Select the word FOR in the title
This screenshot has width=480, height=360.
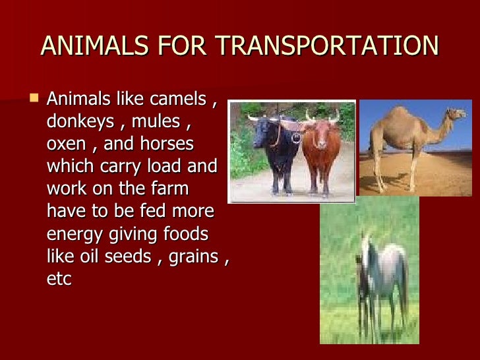point(187,46)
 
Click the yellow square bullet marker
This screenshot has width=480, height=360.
point(34,98)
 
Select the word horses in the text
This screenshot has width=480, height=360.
point(170,144)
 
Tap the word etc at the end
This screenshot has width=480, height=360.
point(59,278)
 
